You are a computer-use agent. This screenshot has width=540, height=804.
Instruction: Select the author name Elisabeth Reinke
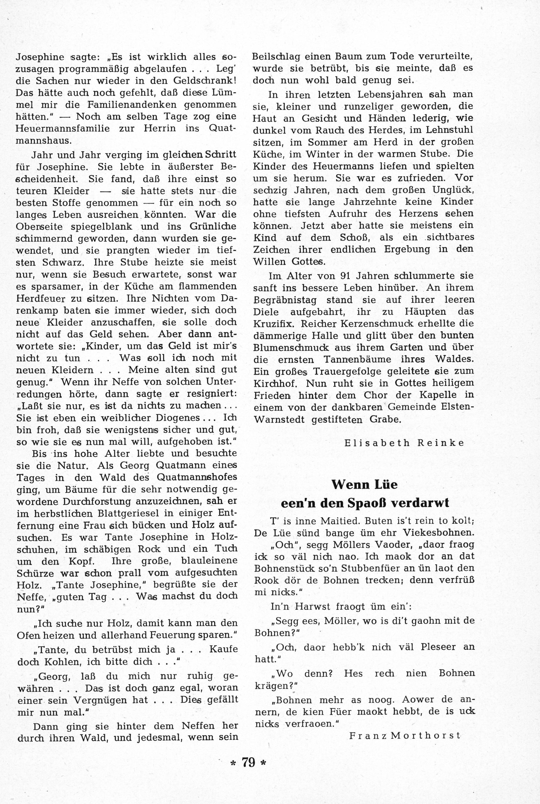tap(404, 443)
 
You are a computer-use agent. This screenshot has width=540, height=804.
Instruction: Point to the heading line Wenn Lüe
tap(364, 484)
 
